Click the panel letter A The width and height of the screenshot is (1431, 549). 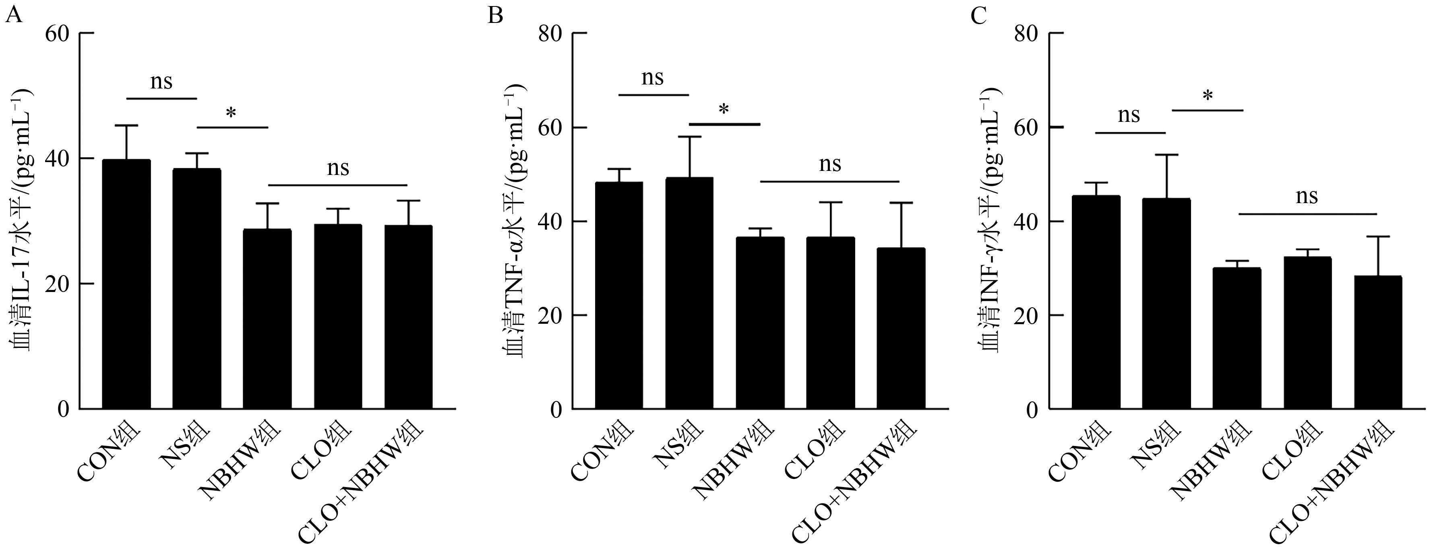click(x=13, y=16)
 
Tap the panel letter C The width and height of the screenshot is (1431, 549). click(x=978, y=16)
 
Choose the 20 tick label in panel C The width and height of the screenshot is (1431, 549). click(x=1026, y=315)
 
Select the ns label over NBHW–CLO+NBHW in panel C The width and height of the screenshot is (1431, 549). click(x=1307, y=197)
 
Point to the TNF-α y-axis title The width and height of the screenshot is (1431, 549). click(x=514, y=222)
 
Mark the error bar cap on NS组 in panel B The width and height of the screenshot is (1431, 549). click(x=689, y=137)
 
